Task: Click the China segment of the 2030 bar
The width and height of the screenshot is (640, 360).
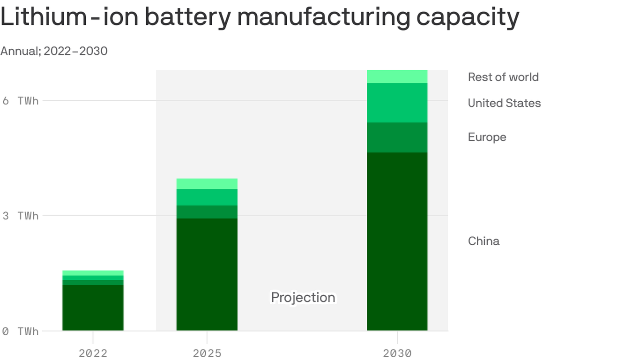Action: [397, 241]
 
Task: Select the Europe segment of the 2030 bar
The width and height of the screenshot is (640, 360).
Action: [397, 137]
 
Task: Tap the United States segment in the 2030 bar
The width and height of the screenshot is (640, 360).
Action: [397, 103]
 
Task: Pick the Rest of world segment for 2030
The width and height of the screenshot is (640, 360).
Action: [397, 76]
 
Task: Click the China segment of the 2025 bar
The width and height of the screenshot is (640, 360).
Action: [207, 274]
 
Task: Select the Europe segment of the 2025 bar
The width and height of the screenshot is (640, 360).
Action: [207, 212]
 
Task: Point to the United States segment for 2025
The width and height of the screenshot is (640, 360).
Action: [207, 197]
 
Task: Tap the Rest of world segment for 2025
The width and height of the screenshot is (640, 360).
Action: [207, 184]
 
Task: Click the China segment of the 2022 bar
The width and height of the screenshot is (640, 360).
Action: [93, 307]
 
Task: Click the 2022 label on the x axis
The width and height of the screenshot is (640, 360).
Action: [93, 353]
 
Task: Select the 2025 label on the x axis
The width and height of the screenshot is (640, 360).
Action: [207, 353]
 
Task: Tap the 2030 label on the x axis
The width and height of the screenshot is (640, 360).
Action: [397, 353]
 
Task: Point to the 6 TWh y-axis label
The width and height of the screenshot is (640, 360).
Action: [20, 101]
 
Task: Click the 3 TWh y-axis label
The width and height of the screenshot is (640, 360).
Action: [20, 216]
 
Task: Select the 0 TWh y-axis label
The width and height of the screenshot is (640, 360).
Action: [20, 331]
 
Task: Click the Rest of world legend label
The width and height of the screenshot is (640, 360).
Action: [503, 77]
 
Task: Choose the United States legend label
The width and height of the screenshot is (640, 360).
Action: [504, 103]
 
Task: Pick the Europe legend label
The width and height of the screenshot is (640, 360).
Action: [487, 137]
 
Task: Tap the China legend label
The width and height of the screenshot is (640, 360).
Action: [484, 241]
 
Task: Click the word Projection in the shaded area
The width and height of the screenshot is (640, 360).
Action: [303, 298]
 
